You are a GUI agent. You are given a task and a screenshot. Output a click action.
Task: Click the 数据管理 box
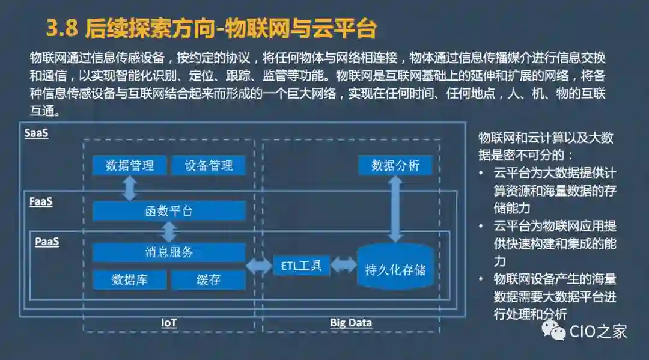coord(130,166)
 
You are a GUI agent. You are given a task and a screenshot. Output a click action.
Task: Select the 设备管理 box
coord(209,166)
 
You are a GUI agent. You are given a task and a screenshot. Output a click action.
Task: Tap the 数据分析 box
coord(395,166)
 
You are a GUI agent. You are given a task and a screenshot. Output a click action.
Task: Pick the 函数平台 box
coord(169,211)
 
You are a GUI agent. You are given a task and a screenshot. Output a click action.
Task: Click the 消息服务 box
coord(169,252)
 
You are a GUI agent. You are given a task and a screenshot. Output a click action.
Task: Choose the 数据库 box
coord(130,279)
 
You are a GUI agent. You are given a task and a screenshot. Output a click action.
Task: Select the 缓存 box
coord(209,279)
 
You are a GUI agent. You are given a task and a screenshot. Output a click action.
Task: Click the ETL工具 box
coord(302,265)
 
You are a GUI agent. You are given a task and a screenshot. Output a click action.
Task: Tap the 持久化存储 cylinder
coord(395,268)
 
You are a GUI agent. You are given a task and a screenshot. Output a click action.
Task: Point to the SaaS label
coord(36,133)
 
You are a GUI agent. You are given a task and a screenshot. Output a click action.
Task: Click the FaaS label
coord(41,202)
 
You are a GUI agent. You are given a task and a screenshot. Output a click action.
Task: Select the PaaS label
coord(47,242)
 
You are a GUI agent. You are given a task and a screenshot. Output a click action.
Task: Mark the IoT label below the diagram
coord(169,323)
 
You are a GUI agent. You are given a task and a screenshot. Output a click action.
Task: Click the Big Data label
coord(351,323)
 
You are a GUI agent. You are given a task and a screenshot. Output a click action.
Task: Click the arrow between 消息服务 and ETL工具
coord(259,265)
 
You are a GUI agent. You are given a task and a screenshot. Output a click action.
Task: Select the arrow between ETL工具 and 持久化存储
coord(343,264)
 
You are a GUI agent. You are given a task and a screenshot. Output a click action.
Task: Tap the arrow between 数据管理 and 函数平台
coord(130,188)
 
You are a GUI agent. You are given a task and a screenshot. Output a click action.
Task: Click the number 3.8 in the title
coord(62,28)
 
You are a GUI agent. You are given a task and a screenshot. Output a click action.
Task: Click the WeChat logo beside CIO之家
coord(553,330)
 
